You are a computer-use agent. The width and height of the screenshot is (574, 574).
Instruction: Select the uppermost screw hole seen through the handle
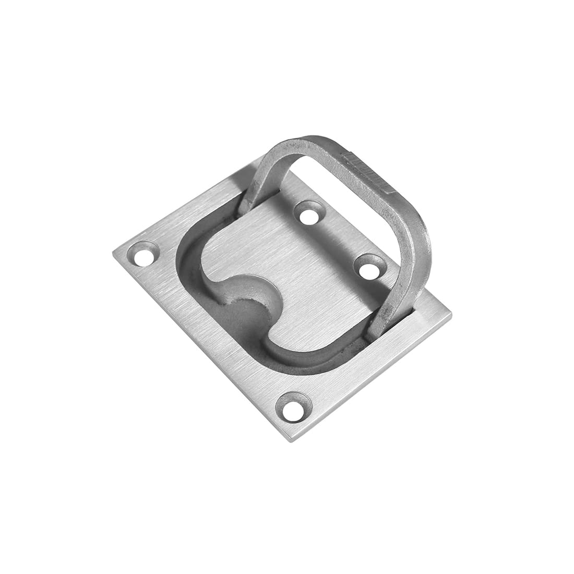pos(312,215)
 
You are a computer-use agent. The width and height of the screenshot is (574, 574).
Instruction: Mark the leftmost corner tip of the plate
pos(114,254)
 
